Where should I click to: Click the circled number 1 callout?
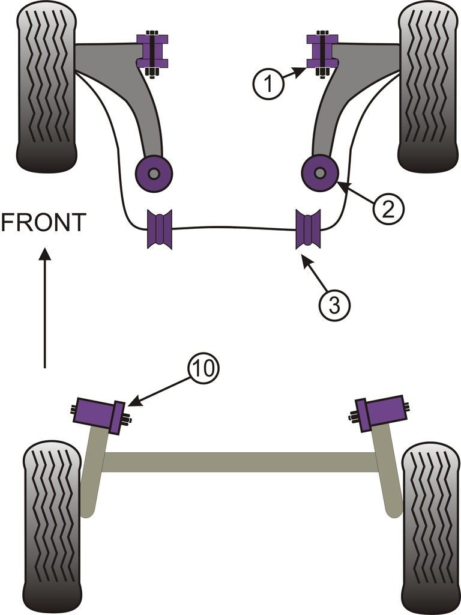coord(268,85)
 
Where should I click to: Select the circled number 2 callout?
coord(388,208)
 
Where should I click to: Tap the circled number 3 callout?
coord(334,305)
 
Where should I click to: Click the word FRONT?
coord(43,223)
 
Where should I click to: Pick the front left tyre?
coord(47,87)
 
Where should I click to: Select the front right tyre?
coord(428,87)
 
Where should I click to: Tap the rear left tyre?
coord(53,527)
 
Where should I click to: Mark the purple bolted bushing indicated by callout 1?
coord(322,52)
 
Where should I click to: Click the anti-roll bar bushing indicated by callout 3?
coord(308,229)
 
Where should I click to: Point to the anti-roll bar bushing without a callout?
coord(160,229)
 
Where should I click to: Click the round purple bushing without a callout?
coord(154,174)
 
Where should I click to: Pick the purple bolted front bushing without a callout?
coord(152,52)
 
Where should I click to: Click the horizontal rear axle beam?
coord(240,462)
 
